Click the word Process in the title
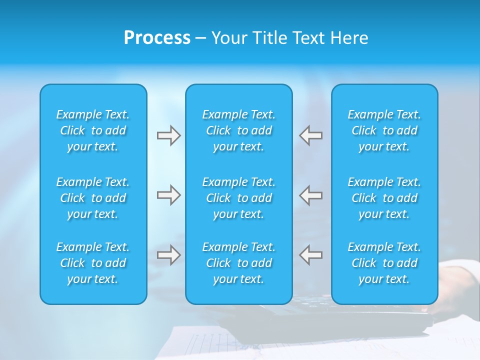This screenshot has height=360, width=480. click(157, 38)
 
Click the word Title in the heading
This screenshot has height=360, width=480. click(270, 38)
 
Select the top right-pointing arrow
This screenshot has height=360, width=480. click(168, 135)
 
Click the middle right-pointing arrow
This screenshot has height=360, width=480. click(168, 195)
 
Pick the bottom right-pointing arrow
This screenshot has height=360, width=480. click(168, 255)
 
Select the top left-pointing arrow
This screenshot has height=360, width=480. click(311, 135)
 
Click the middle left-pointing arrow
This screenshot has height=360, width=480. click(311, 195)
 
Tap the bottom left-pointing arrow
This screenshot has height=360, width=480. click(311, 255)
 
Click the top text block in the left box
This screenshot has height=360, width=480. click(93, 130)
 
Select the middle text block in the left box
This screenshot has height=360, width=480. click(93, 198)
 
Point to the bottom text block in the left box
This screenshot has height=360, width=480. click(93, 263)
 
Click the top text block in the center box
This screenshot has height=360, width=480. click(239, 130)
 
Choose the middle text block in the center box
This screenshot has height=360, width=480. click(239, 198)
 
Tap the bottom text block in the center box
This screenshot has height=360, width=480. click(239, 263)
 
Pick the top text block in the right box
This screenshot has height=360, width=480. click(384, 130)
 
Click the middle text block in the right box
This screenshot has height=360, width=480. click(384, 198)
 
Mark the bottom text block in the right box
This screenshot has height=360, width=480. click(384, 263)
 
